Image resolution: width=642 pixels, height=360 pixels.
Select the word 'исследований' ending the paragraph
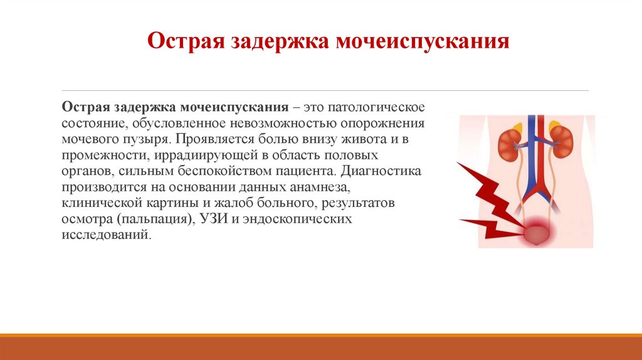pos(105,236)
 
